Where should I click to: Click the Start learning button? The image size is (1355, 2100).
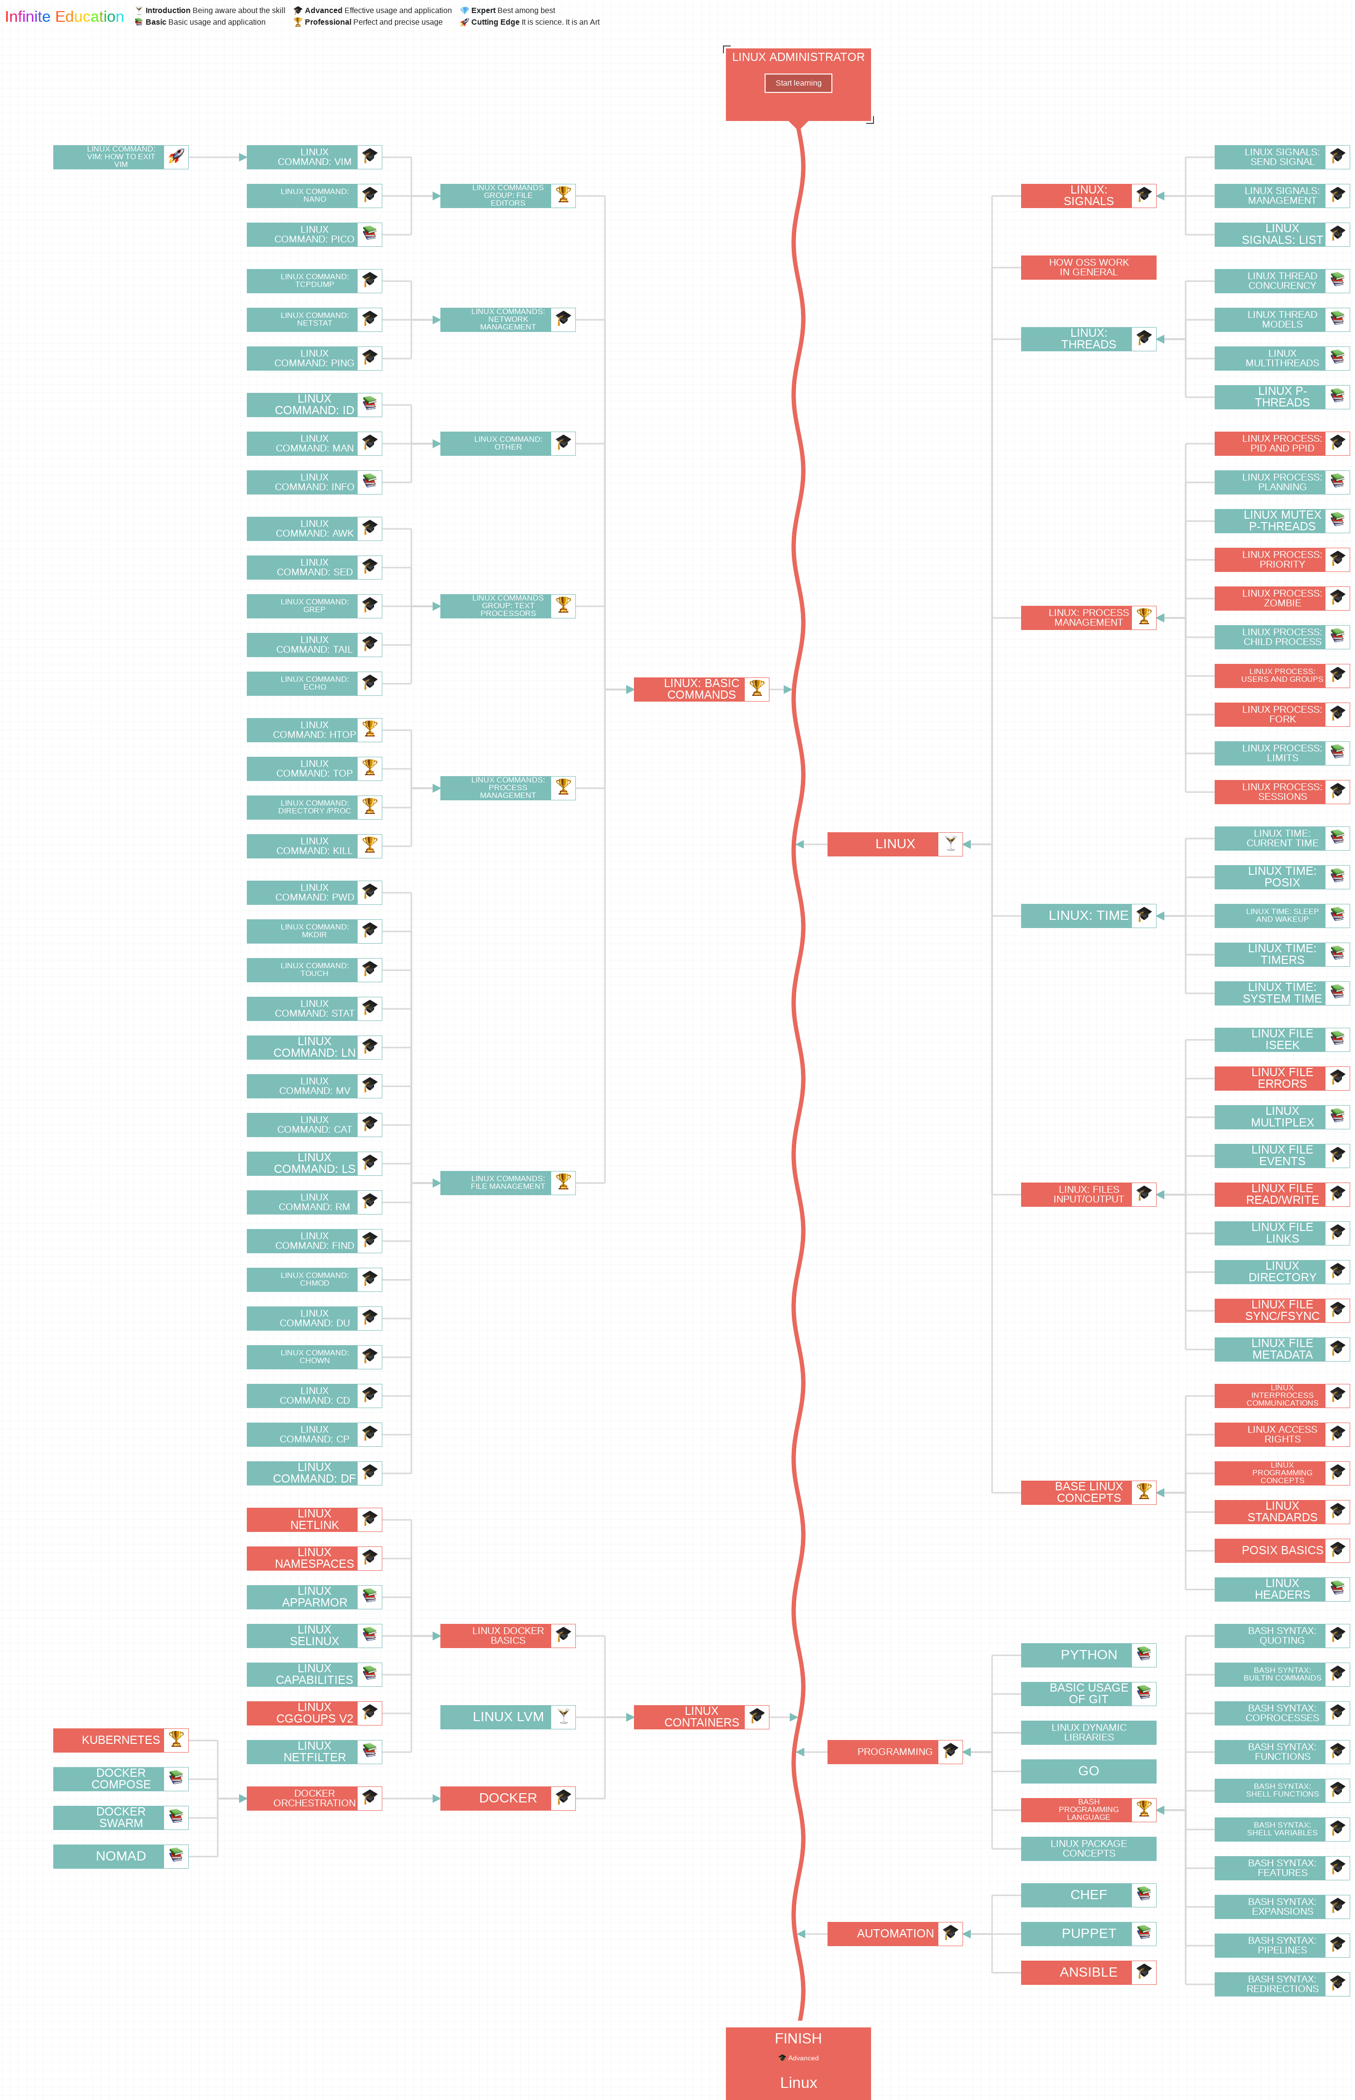click(x=798, y=83)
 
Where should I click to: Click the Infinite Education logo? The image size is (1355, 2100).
click(x=64, y=17)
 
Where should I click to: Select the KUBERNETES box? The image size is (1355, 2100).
click(x=120, y=1740)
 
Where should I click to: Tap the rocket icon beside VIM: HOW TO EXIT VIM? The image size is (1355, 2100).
click(x=176, y=157)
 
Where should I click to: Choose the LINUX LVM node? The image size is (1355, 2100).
click(x=508, y=1716)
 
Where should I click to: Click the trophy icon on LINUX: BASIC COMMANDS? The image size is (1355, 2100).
click(x=757, y=688)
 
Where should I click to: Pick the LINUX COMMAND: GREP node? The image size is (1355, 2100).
click(x=314, y=605)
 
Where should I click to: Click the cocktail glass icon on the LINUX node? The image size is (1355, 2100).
click(x=950, y=844)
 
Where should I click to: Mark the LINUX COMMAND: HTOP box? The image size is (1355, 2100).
click(x=314, y=729)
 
